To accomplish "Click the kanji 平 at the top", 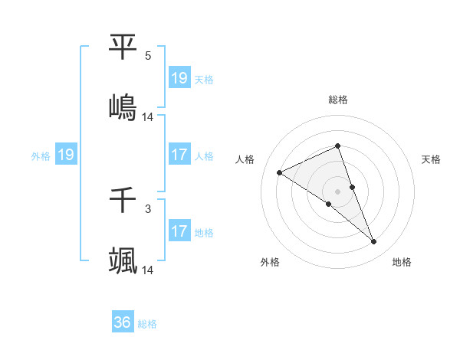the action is [123, 47].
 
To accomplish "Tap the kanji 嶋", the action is [123, 106].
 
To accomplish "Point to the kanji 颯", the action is [123, 260].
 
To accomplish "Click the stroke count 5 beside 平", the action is [148, 56].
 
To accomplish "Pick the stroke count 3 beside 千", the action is [148, 208].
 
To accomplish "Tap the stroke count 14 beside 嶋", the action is [148, 117].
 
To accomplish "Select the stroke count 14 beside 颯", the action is [148, 270].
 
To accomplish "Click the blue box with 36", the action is [123, 322].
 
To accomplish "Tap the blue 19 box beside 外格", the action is [66, 155].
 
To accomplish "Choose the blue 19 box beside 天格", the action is [179, 78].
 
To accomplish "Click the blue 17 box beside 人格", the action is [179, 155].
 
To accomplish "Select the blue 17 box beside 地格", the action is [179, 231].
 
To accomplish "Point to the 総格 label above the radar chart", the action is [338, 100].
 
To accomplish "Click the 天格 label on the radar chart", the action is [432, 159].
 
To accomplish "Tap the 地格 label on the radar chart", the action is [402, 262].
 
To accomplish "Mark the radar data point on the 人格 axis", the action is [280, 173].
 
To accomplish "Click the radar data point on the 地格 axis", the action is [374, 242].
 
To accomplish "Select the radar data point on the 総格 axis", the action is [338, 146].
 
